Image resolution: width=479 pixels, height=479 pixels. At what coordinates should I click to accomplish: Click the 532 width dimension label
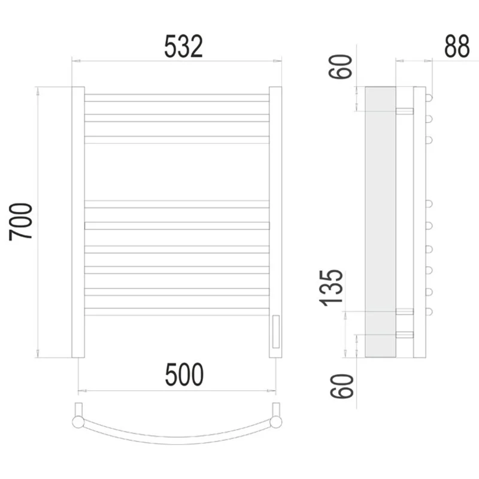184,46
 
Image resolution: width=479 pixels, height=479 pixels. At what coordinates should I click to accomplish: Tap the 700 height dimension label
21,222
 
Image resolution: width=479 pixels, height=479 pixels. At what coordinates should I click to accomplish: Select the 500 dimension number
184,375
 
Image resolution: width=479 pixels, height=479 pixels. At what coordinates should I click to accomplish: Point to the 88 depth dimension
457,46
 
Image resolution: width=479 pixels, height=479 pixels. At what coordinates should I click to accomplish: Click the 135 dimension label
331,288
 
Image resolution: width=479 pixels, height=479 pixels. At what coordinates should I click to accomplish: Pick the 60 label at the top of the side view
340,67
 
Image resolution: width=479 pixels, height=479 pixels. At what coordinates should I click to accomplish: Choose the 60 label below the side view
341,386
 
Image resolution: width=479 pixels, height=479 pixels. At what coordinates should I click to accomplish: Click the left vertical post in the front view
78,222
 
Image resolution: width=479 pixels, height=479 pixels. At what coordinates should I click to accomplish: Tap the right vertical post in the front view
275,222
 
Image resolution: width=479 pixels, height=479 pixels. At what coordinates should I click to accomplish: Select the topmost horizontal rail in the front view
177,98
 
